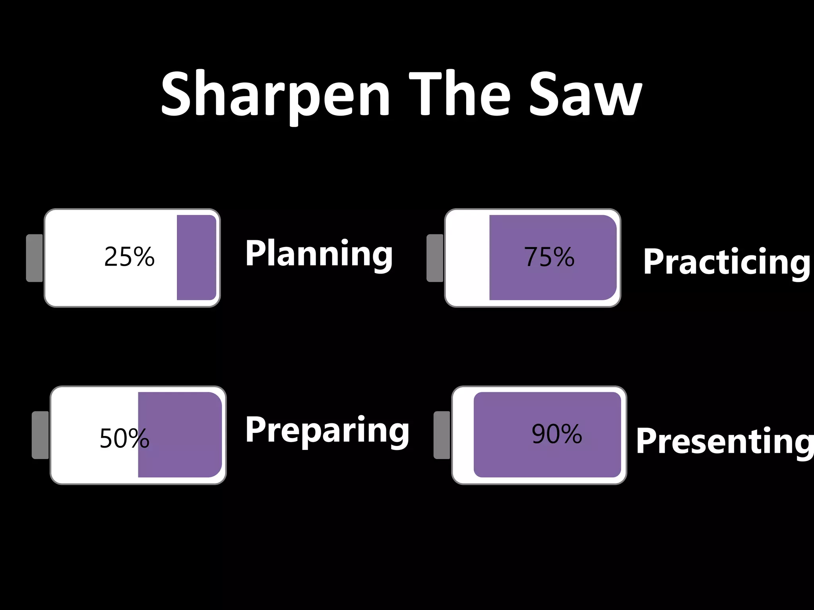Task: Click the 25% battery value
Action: point(129,257)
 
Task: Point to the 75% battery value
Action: point(549,257)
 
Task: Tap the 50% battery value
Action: point(124,438)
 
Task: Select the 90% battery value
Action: point(557,434)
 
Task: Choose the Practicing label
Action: point(727,262)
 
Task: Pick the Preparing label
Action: point(327,430)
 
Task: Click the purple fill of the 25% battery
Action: point(196,258)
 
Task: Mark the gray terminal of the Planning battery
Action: point(35,258)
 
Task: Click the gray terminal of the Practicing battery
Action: point(435,258)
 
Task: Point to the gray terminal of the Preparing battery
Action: point(40,435)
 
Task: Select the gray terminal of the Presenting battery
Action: point(442,435)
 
